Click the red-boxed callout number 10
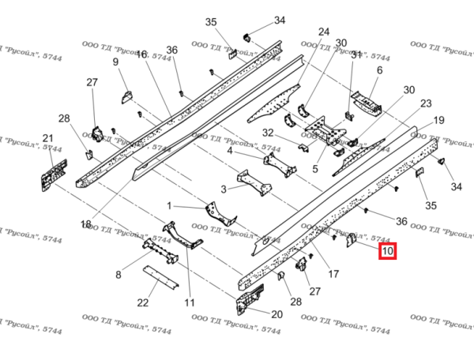(x=387, y=253)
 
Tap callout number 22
(x=143, y=302)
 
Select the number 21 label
(x=47, y=139)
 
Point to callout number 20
(x=276, y=314)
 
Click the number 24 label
(x=324, y=32)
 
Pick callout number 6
(x=379, y=71)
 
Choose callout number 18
(x=86, y=224)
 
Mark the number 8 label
(x=118, y=275)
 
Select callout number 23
(x=426, y=103)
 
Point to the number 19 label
(x=439, y=120)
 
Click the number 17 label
(x=333, y=274)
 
